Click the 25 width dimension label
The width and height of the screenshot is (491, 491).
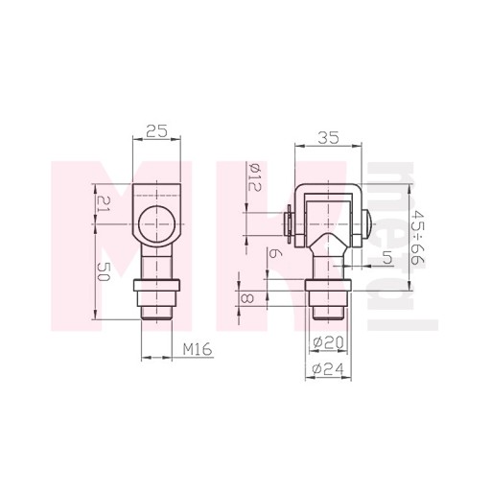156,131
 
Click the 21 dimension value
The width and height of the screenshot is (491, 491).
104,203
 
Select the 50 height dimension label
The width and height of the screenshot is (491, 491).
104,271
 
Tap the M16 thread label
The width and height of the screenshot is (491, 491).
198,349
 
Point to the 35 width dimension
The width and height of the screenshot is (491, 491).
328,138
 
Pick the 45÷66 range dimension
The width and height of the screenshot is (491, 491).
418,237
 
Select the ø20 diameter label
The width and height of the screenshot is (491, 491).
328,342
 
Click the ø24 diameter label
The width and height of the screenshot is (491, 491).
328,369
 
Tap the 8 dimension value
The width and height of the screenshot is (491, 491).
247,299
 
